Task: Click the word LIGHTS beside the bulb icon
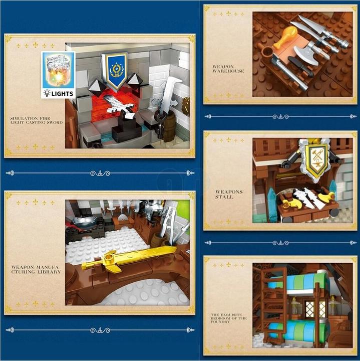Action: coord(62,94)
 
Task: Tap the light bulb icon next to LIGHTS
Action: coord(47,93)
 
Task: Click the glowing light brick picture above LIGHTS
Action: coord(59,70)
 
